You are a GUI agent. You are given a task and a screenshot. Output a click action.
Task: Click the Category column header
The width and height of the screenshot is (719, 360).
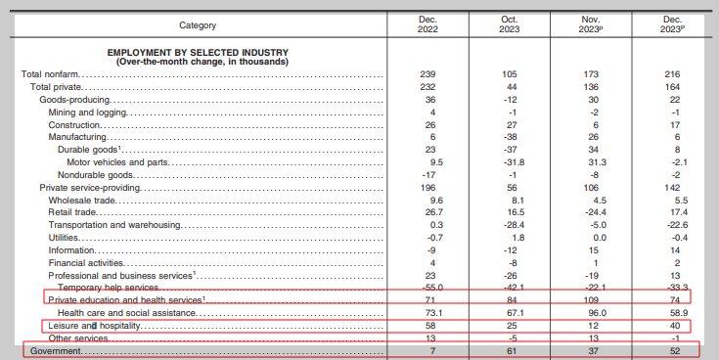pos(198,25)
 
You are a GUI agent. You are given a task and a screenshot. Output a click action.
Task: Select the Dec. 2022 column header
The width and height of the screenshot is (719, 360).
pos(427,24)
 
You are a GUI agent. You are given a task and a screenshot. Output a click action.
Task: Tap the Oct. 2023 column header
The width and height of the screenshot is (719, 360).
pos(510,24)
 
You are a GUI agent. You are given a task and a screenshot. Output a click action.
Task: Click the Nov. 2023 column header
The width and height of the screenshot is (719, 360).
pos(591,24)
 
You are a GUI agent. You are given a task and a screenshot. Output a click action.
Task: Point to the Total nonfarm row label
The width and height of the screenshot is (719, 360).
pos(50,74)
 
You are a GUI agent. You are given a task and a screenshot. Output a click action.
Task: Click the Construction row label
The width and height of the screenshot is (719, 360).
pos(74,125)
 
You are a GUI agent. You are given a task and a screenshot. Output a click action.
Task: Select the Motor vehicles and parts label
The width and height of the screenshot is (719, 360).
pos(117,162)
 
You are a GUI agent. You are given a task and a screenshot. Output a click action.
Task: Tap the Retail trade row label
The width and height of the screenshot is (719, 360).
pos(72,212)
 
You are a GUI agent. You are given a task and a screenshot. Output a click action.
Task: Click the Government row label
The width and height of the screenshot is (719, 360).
pos(55,351)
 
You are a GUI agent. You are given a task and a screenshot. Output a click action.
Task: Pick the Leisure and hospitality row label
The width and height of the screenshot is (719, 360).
pos(94,326)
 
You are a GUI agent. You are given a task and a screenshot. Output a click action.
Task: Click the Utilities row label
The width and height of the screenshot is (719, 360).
pos(64,238)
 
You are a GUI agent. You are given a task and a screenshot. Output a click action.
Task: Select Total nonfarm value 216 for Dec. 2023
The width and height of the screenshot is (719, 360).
pos(672,74)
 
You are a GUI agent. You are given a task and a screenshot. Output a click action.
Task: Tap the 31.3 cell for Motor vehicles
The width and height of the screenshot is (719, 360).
pos(591,162)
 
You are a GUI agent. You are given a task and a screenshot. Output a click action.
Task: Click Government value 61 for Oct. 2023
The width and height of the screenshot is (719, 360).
pos(512,351)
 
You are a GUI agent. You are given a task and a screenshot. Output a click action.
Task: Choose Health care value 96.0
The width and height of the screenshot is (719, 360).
pos(591,313)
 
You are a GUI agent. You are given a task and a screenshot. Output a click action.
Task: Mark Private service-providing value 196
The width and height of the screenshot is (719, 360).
pos(427,188)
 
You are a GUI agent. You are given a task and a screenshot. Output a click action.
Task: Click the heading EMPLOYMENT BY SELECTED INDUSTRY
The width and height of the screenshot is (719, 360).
pos(198,53)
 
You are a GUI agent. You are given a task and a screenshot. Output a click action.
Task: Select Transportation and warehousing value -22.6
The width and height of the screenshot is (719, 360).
pos(671,225)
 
